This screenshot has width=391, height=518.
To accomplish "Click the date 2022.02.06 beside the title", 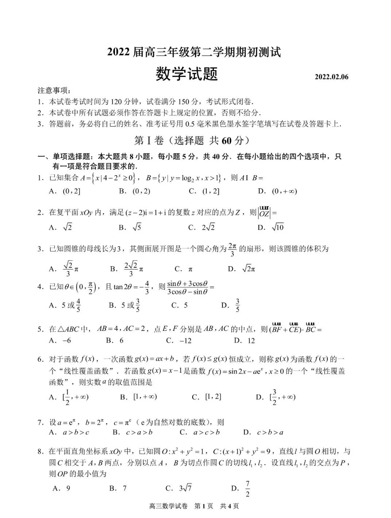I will coord(331,77).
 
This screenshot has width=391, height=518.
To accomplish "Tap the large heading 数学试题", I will coord(186,74).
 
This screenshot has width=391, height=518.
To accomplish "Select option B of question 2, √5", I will coord(131,228).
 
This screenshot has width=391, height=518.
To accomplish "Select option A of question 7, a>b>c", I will coord(70,433).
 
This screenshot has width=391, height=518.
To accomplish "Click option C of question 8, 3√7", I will coord(179,488).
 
